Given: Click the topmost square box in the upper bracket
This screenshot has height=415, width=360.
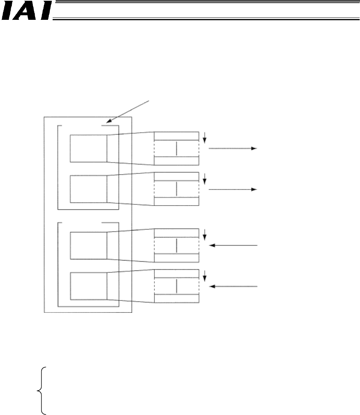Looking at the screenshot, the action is pyautogui.click(x=88, y=148).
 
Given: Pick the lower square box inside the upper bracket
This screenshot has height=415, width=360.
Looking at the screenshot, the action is pyautogui.click(x=88, y=189).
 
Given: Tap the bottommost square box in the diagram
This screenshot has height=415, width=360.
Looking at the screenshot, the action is pyautogui.click(x=88, y=286).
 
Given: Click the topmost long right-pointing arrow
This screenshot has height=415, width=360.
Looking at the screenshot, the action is pyautogui.click(x=233, y=148).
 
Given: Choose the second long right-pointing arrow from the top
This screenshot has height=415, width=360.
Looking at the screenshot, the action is pyautogui.click(x=233, y=189).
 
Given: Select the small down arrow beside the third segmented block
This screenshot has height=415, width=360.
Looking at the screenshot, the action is pyautogui.click(x=205, y=235).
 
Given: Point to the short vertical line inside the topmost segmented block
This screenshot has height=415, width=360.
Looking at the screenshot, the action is pyautogui.click(x=177, y=148).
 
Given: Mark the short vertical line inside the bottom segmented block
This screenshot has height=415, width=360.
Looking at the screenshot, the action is pyautogui.click(x=177, y=286).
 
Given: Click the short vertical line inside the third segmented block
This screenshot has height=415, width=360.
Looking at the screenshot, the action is pyautogui.click(x=177, y=245).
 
